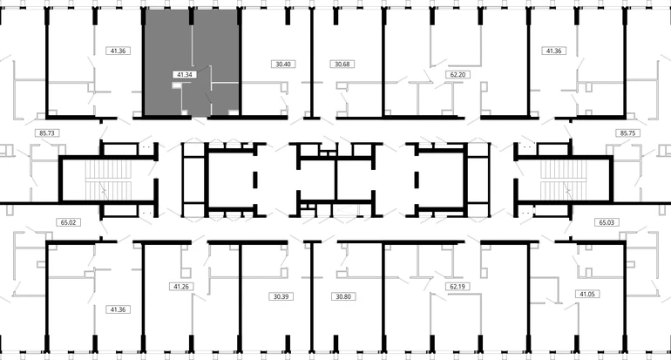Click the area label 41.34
point(185,74)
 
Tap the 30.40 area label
point(283,65)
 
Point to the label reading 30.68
point(342,65)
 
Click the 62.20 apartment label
point(457,74)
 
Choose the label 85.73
point(47,133)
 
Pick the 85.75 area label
point(627,133)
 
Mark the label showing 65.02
point(68,222)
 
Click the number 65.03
point(607,222)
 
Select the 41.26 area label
point(181,287)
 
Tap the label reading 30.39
point(281,296)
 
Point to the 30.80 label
point(343,296)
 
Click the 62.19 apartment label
point(457,287)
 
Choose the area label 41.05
point(586,294)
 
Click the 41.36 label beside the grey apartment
point(118,51)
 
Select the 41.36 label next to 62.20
point(553,51)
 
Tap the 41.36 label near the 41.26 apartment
point(118,309)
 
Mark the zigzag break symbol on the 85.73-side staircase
point(103,188)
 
